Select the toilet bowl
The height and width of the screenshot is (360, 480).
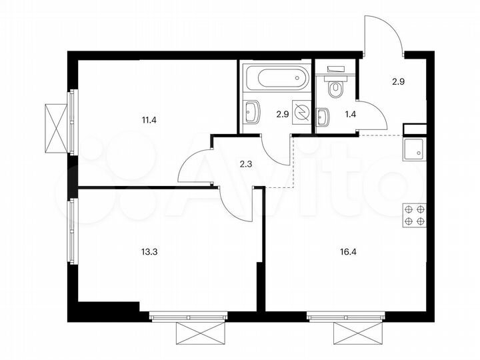point(335,87)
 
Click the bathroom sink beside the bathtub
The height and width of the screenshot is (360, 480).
point(252,113)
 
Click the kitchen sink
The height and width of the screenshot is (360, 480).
point(414,149)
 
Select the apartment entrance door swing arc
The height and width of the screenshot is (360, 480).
point(383,33)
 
